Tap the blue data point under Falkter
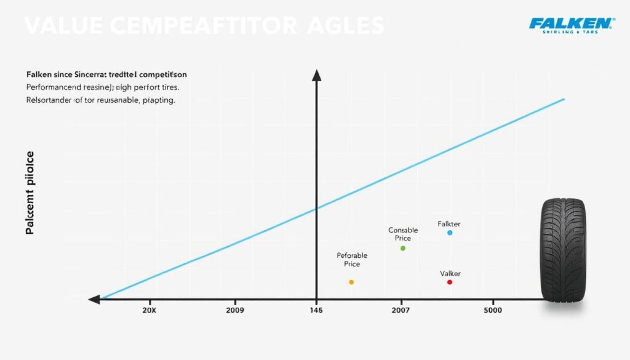coord(450,233)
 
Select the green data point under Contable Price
coord(403,248)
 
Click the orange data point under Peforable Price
coord(351,282)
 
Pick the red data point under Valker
coord(450,282)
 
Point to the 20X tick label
coord(150,311)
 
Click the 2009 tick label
coord(235,311)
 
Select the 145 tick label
coord(317,311)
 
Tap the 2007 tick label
coord(401,311)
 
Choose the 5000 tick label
coord(493,311)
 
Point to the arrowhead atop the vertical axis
coord(317,76)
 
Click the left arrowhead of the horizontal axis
coord(94,300)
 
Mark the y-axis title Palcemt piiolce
coord(30,194)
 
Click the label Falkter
coord(450,223)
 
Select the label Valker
coord(450,273)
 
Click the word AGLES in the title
coord(346,26)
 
